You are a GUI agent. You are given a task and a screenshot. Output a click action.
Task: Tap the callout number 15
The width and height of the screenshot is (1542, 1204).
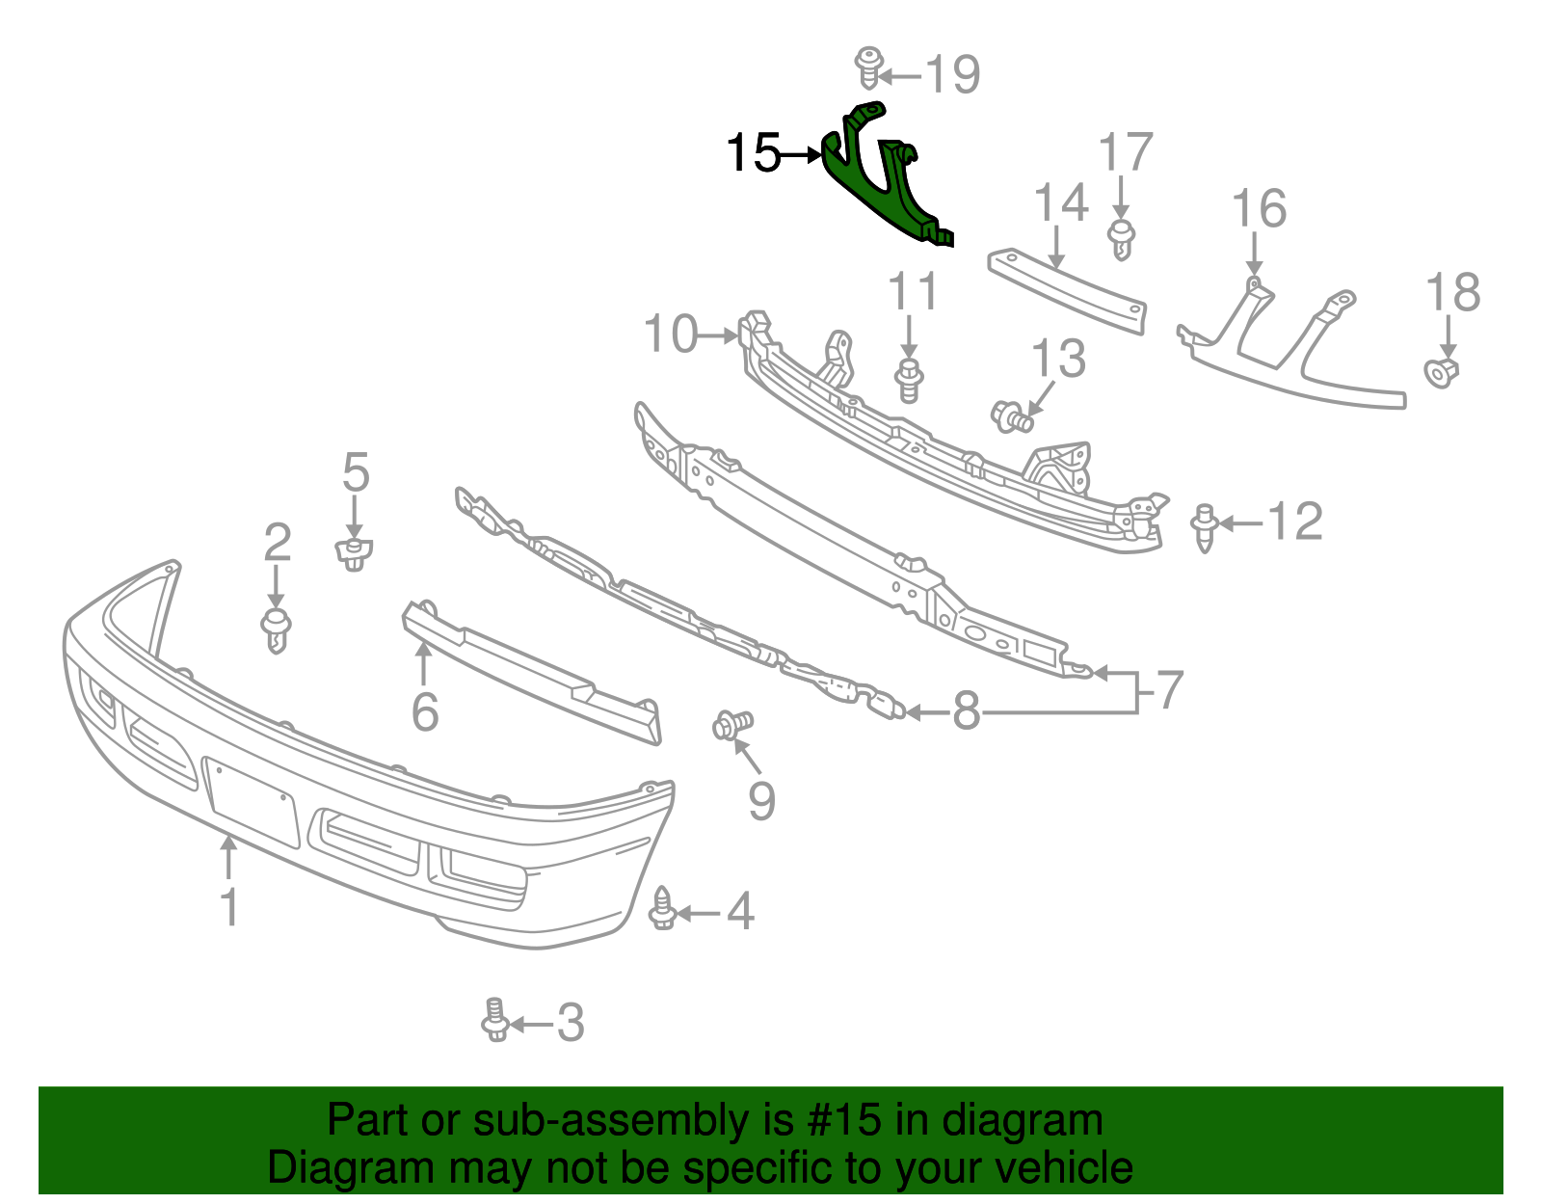coord(753,153)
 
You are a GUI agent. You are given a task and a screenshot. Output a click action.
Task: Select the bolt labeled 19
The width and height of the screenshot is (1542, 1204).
coord(869,67)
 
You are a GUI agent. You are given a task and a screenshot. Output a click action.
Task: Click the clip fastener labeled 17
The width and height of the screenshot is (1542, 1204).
coord(1121,238)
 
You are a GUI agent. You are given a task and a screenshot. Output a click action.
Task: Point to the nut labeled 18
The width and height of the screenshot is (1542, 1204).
coord(1441,372)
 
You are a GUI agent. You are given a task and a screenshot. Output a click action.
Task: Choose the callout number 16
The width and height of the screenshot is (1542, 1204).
coord(1259,209)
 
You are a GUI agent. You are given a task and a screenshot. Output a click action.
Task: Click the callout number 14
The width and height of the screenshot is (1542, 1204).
coord(1060,203)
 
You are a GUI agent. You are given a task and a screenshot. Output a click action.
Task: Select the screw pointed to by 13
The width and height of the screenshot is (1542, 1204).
coord(1012,417)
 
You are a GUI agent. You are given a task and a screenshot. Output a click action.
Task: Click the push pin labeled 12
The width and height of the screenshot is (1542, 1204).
coord(1204,526)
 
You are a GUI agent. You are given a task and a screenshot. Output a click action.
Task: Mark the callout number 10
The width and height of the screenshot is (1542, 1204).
coord(670,334)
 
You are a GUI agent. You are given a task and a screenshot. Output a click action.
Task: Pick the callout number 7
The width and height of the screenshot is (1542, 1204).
coord(1169,690)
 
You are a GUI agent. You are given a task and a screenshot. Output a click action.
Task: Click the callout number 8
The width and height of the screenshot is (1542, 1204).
coord(966,712)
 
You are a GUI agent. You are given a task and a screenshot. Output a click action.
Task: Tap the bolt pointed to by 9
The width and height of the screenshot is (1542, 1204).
coord(732,725)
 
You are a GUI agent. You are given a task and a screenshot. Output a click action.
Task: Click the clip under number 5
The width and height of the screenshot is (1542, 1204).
coord(354,554)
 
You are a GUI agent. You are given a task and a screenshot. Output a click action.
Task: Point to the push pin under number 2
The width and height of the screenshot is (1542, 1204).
coord(276,629)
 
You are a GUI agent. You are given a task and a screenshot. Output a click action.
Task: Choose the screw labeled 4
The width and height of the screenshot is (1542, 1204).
coord(662,909)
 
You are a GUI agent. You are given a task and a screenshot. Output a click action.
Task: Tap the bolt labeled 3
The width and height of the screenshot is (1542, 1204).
coord(494,1020)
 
